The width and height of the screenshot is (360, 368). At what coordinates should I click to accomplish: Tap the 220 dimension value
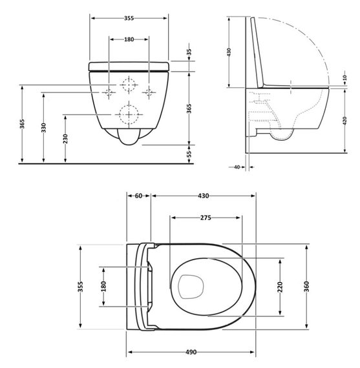click(281, 288)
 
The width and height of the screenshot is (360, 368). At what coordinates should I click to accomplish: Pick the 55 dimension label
click(189, 154)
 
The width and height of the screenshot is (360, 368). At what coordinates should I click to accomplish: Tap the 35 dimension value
click(189, 53)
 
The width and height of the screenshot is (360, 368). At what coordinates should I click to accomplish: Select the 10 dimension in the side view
click(344, 78)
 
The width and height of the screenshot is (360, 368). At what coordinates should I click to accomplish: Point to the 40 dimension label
click(237, 167)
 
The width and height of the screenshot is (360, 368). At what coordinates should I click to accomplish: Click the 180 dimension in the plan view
click(103, 285)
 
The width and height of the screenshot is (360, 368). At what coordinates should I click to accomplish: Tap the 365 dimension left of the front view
click(21, 123)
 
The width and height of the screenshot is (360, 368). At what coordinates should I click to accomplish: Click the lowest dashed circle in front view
click(129, 115)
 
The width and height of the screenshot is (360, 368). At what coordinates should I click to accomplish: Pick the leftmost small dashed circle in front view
click(108, 92)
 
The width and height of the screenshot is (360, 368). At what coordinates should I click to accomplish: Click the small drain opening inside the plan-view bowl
click(189, 285)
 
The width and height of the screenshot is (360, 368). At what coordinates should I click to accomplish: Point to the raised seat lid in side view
click(258, 52)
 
